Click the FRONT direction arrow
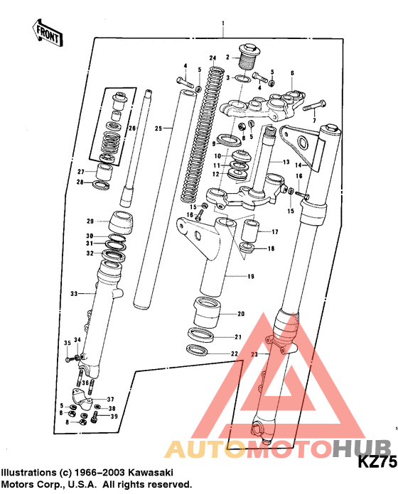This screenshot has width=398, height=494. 48,33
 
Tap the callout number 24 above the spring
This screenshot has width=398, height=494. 213,58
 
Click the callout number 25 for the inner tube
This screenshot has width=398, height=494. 158,128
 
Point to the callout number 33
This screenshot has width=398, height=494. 74,294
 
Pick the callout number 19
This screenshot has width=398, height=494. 251,277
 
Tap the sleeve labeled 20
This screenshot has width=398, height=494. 207,312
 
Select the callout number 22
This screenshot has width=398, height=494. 234,353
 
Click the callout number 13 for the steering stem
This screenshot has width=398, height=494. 286,163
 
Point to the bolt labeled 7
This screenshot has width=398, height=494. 314,106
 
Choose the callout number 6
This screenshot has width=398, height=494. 292,73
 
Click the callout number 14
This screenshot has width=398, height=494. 298,165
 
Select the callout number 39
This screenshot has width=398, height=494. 114,417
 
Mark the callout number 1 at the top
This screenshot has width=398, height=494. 223,23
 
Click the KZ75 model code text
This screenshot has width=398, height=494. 377,462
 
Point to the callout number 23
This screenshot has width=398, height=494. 254,354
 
